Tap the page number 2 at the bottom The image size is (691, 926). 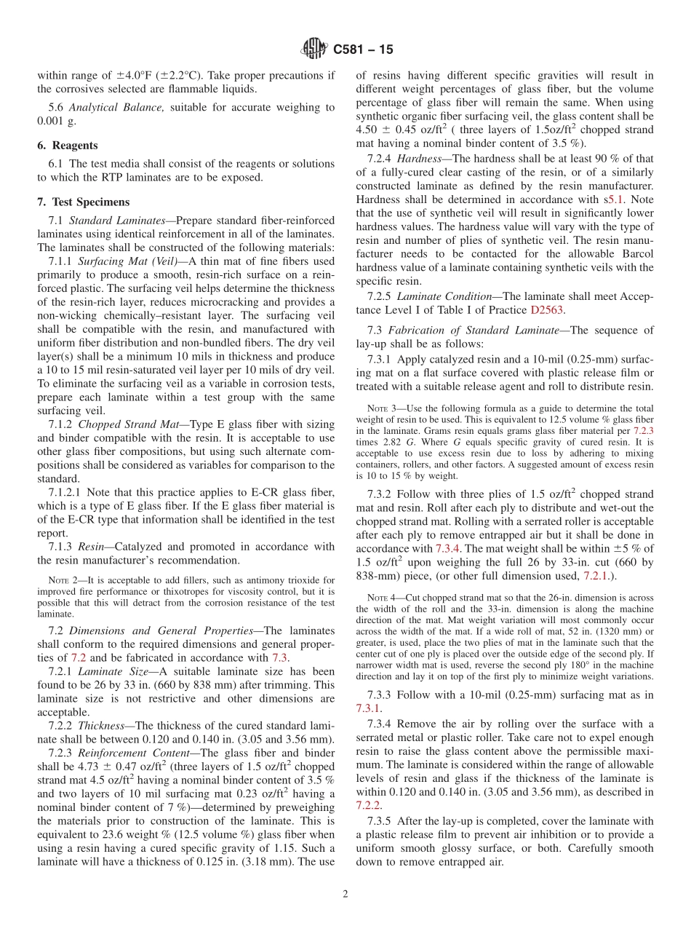(345, 895)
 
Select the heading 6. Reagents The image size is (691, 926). (68, 146)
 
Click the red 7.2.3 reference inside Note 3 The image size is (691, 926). (643, 431)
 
